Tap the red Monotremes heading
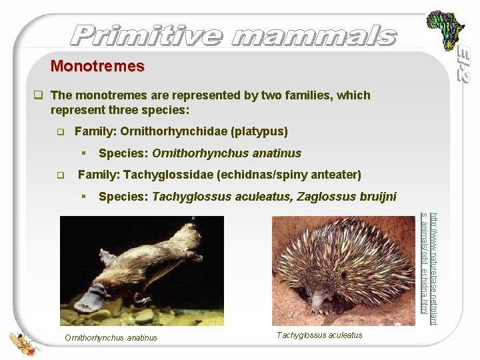pyautogui.click(x=97, y=67)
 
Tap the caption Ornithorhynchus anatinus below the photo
pyautogui.click(x=111, y=337)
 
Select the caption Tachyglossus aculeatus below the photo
pyautogui.click(x=319, y=335)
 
